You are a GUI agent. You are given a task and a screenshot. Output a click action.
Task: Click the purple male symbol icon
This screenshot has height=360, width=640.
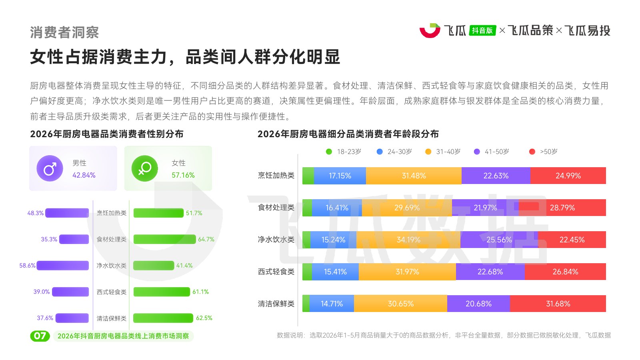tap(50, 168)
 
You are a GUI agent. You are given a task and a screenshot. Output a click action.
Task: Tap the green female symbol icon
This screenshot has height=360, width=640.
tap(144, 168)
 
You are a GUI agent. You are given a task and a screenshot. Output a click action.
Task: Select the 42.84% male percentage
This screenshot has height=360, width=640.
tap(84, 175)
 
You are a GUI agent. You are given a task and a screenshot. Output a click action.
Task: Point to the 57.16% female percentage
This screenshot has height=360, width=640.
tap(183, 175)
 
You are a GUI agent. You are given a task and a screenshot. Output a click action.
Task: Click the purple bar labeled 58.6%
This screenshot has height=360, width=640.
tap(62, 266)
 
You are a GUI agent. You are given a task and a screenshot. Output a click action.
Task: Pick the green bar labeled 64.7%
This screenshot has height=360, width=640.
tap(164, 239)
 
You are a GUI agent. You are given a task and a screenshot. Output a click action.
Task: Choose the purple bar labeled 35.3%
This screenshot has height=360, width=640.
tap(74, 239)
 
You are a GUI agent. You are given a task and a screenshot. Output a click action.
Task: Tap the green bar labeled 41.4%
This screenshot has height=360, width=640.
tap(154, 266)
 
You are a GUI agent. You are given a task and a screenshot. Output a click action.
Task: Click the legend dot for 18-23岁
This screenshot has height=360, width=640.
tap(329, 152)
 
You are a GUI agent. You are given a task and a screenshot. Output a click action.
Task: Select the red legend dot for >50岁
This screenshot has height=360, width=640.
tap(532, 152)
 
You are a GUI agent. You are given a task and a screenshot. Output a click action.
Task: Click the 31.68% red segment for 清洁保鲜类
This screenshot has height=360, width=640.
tap(558, 304)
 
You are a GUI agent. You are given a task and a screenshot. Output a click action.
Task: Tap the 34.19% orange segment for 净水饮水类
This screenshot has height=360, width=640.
tap(408, 240)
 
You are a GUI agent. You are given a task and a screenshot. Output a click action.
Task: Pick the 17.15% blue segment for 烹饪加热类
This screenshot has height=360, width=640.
tap(340, 176)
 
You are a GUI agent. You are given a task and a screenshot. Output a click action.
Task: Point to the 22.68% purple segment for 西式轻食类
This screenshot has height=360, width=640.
tap(490, 272)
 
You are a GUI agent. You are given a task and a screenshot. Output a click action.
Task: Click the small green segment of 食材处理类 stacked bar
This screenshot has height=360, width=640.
tap(307, 208)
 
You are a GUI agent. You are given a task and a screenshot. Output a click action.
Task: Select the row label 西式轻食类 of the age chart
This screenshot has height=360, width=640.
tap(276, 272)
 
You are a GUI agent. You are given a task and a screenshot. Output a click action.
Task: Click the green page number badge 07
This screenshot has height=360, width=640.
tap(40, 336)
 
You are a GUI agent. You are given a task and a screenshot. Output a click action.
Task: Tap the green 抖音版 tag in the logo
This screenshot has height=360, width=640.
tap(482, 30)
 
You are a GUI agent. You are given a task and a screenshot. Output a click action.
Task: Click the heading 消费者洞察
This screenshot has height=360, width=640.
tap(64, 32)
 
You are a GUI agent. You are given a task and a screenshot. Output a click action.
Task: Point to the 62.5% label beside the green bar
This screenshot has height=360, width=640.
tap(204, 318)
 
